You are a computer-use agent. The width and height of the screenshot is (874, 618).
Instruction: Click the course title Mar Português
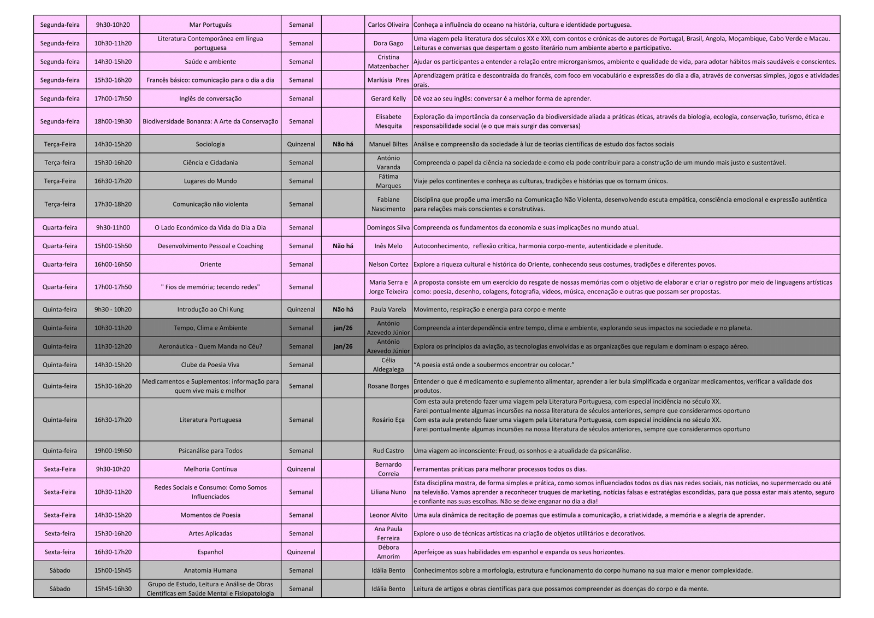tap(210, 25)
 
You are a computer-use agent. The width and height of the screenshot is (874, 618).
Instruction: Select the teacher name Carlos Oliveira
tap(388, 25)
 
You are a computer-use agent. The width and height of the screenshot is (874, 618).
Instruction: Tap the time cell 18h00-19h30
tap(113, 121)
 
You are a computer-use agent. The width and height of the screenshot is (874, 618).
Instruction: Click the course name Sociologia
tap(210, 144)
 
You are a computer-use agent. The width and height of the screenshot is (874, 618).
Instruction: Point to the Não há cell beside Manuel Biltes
tap(342, 144)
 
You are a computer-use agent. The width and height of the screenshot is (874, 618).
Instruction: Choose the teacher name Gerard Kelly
tap(388, 98)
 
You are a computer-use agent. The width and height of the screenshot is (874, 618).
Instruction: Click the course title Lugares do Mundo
tap(210, 181)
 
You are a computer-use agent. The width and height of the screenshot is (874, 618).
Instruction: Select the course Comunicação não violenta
tap(210, 204)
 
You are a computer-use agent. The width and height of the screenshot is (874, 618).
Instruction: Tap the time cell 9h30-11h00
tap(113, 227)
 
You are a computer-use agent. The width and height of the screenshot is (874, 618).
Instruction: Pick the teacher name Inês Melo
tap(388, 246)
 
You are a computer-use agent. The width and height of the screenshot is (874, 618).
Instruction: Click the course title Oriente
tap(210, 264)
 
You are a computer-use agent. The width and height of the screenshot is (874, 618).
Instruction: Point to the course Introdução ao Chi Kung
tap(210, 309)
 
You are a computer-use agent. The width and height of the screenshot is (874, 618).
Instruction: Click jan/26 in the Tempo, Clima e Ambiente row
tap(342, 328)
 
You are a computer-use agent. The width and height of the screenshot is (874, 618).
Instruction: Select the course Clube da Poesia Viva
tap(210, 364)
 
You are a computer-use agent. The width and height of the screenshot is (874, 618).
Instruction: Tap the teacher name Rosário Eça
tap(388, 420)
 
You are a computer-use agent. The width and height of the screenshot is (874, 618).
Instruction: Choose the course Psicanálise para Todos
tap(210, 451)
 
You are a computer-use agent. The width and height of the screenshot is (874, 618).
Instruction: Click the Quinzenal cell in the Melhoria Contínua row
tap(301, 469)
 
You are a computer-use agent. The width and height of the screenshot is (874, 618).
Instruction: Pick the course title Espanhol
tap(210, 552)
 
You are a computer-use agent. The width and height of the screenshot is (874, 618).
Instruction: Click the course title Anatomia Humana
tap(210, 570)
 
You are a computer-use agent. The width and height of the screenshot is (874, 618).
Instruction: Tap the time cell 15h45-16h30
tap(113, 588)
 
